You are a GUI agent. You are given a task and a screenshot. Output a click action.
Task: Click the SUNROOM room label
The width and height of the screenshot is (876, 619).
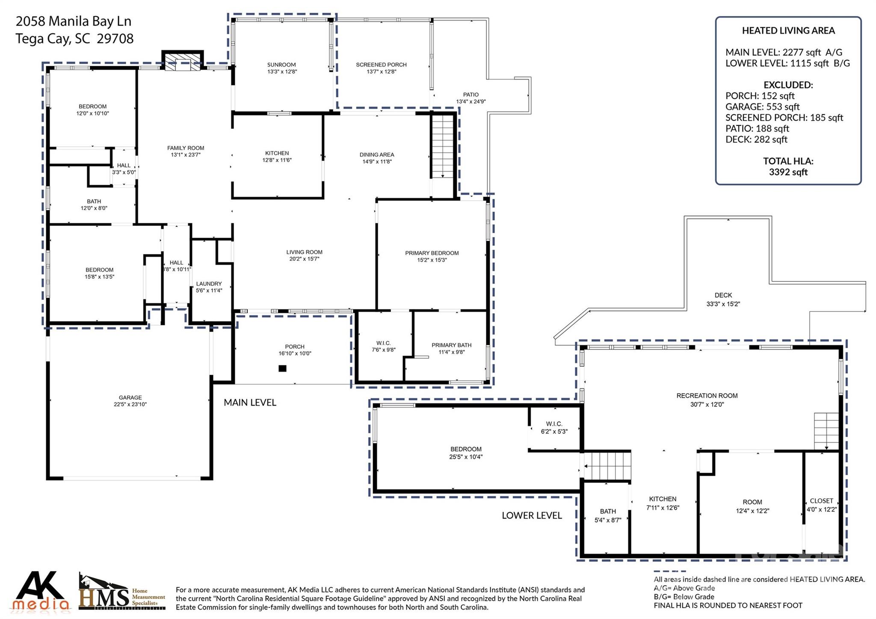pos(281,65)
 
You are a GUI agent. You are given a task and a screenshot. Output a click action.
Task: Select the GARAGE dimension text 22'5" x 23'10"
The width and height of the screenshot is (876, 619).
pos(130,404)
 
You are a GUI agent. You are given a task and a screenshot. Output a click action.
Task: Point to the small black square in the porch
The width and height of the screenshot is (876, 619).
pos(282,368)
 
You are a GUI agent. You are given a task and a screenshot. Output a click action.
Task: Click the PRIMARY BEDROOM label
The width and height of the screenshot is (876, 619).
pos(432,253)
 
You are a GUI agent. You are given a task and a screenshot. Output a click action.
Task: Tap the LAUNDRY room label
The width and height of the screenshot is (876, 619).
pos(209,284)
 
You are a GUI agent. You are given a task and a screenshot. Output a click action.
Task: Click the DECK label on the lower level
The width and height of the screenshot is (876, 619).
pos(723,295)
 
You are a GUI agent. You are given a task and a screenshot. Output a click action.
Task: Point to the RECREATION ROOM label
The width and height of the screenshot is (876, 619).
pos(707,396)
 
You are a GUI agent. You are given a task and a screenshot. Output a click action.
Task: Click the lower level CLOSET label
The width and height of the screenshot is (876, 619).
pos(821,501)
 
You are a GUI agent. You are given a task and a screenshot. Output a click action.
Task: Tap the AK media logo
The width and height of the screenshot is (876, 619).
pos(41,591)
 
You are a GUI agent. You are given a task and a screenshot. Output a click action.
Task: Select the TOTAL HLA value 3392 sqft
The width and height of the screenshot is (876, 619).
pos(788,172)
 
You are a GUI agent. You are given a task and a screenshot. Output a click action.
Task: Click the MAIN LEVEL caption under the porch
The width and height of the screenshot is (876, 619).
pos(250,403)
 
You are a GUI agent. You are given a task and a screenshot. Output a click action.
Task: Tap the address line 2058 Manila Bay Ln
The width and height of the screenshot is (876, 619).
pos(74,21)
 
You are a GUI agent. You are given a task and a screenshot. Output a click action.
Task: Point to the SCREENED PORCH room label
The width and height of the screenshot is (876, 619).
pos(381,65)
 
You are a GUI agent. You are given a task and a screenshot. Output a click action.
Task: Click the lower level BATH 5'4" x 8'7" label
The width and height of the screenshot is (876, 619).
pos(607,515)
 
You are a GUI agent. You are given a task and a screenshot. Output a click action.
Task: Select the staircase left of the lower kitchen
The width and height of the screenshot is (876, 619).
pos(607,466)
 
